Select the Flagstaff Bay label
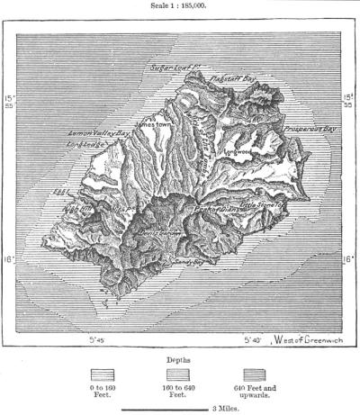(x=233, y=79)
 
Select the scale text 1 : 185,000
(x=180, y=5)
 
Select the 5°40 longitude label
(x=254, y=340)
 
